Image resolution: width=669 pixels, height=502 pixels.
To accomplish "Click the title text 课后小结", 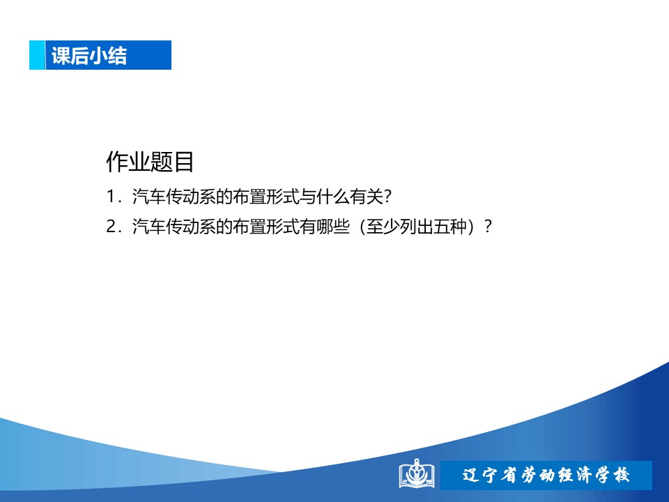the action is [x=89, y=56].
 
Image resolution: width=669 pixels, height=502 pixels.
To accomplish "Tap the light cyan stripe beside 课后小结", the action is [x=37, y=55].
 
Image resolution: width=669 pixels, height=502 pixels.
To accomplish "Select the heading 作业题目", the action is [x=150, y=162].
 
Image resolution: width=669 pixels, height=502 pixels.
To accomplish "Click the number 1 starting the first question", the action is [x=111, y=197].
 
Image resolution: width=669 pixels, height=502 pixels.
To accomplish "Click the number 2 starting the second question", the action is [x=111, y=226].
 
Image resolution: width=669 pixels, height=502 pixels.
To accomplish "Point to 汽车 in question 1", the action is [x=148, y=197].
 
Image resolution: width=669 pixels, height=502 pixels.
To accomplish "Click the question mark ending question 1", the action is [x=387, y=197].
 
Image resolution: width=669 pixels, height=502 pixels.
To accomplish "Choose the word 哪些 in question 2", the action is [x=332, y=226].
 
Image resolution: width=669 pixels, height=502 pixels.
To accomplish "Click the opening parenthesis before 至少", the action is [x=362, y=227].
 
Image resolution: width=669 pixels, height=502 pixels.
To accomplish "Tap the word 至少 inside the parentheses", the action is [x=383, y=226].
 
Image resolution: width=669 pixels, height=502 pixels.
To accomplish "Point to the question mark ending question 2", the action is [x=488, y=226].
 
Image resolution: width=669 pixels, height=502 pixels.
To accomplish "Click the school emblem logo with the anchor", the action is [x=417, y=473].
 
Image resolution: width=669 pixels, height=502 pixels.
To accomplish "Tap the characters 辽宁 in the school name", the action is [x=479, y=475].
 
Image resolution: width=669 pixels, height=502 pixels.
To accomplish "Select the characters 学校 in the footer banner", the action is [x=612, y=475].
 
